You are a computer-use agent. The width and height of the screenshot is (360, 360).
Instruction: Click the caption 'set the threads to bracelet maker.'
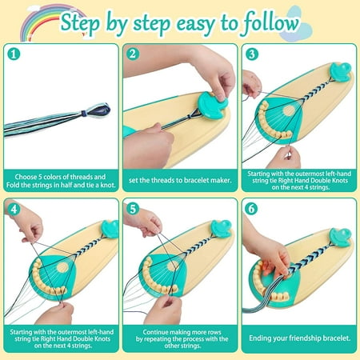click(180, 180)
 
